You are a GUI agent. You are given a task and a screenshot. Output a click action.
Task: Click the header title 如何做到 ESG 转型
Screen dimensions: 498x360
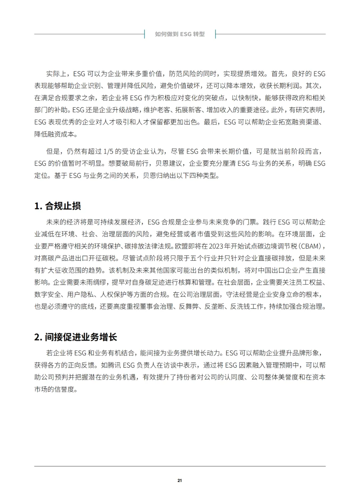(180, 34)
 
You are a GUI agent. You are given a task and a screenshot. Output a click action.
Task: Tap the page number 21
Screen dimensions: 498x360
(180, 480)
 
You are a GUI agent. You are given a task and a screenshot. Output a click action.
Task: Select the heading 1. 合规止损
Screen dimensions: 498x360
(57, 206)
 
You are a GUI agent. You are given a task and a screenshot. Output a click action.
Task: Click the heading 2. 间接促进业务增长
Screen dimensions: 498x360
(76, 337)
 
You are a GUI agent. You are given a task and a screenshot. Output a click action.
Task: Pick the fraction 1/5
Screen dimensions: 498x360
(108, 152)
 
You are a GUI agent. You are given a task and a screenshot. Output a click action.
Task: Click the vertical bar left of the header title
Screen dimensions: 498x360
(145, 34)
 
